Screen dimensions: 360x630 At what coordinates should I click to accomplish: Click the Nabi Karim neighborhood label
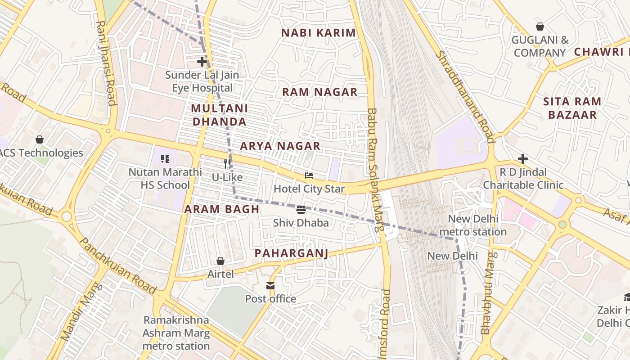(x=318, y=33)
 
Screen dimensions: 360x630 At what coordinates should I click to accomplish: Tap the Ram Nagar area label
(x=319, y=92)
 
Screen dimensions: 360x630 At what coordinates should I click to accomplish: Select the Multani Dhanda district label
(x=219, y=115)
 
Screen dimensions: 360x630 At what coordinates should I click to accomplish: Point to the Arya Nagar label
(x=280, y=146)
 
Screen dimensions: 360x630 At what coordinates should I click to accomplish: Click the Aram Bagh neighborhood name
(x=222, y=209)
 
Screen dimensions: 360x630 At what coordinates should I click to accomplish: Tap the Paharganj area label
(x=291, y=253)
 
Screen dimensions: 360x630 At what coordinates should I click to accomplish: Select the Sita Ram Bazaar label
(x=572, y=108)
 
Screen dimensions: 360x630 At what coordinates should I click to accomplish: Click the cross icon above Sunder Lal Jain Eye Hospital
(x=202, y=62)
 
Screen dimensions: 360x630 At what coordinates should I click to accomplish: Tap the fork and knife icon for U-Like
(x=228, y=164)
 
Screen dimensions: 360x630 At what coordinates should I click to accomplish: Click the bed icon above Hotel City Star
(x=309, y=175)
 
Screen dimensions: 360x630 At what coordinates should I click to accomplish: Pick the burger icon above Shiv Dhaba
(x=301, y=210)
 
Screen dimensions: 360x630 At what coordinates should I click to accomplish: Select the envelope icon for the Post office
(x=270, y=286)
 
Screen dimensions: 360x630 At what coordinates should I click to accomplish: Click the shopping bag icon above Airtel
(x=220, y=261)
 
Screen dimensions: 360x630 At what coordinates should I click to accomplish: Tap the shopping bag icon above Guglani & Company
(x=540, y=27)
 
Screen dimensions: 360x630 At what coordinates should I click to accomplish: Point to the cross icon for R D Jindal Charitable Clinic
(x=522, y=159)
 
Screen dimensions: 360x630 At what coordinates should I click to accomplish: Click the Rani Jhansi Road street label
(x=106, y=63)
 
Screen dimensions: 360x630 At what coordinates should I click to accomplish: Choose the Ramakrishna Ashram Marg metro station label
(x=176, y=333)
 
